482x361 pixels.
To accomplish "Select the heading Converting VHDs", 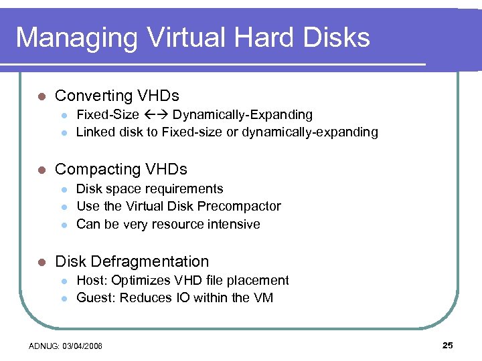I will [117, 96].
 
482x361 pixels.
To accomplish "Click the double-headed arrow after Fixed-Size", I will [155, 115].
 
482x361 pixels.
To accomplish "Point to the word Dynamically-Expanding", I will [242, 115].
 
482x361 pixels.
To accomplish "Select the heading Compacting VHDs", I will [121, 169].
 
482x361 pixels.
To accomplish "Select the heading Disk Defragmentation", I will [132, 261].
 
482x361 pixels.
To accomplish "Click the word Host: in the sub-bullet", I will [93, 281].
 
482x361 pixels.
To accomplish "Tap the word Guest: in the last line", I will [96, 298].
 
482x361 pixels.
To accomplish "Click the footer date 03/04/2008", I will [84, 346].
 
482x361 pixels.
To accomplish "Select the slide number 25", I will [448, 345].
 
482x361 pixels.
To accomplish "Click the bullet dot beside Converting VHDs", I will [42, 96].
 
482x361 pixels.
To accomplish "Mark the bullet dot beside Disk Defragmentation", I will [42, 262].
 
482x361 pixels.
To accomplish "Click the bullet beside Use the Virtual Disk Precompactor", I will [64, 207].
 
